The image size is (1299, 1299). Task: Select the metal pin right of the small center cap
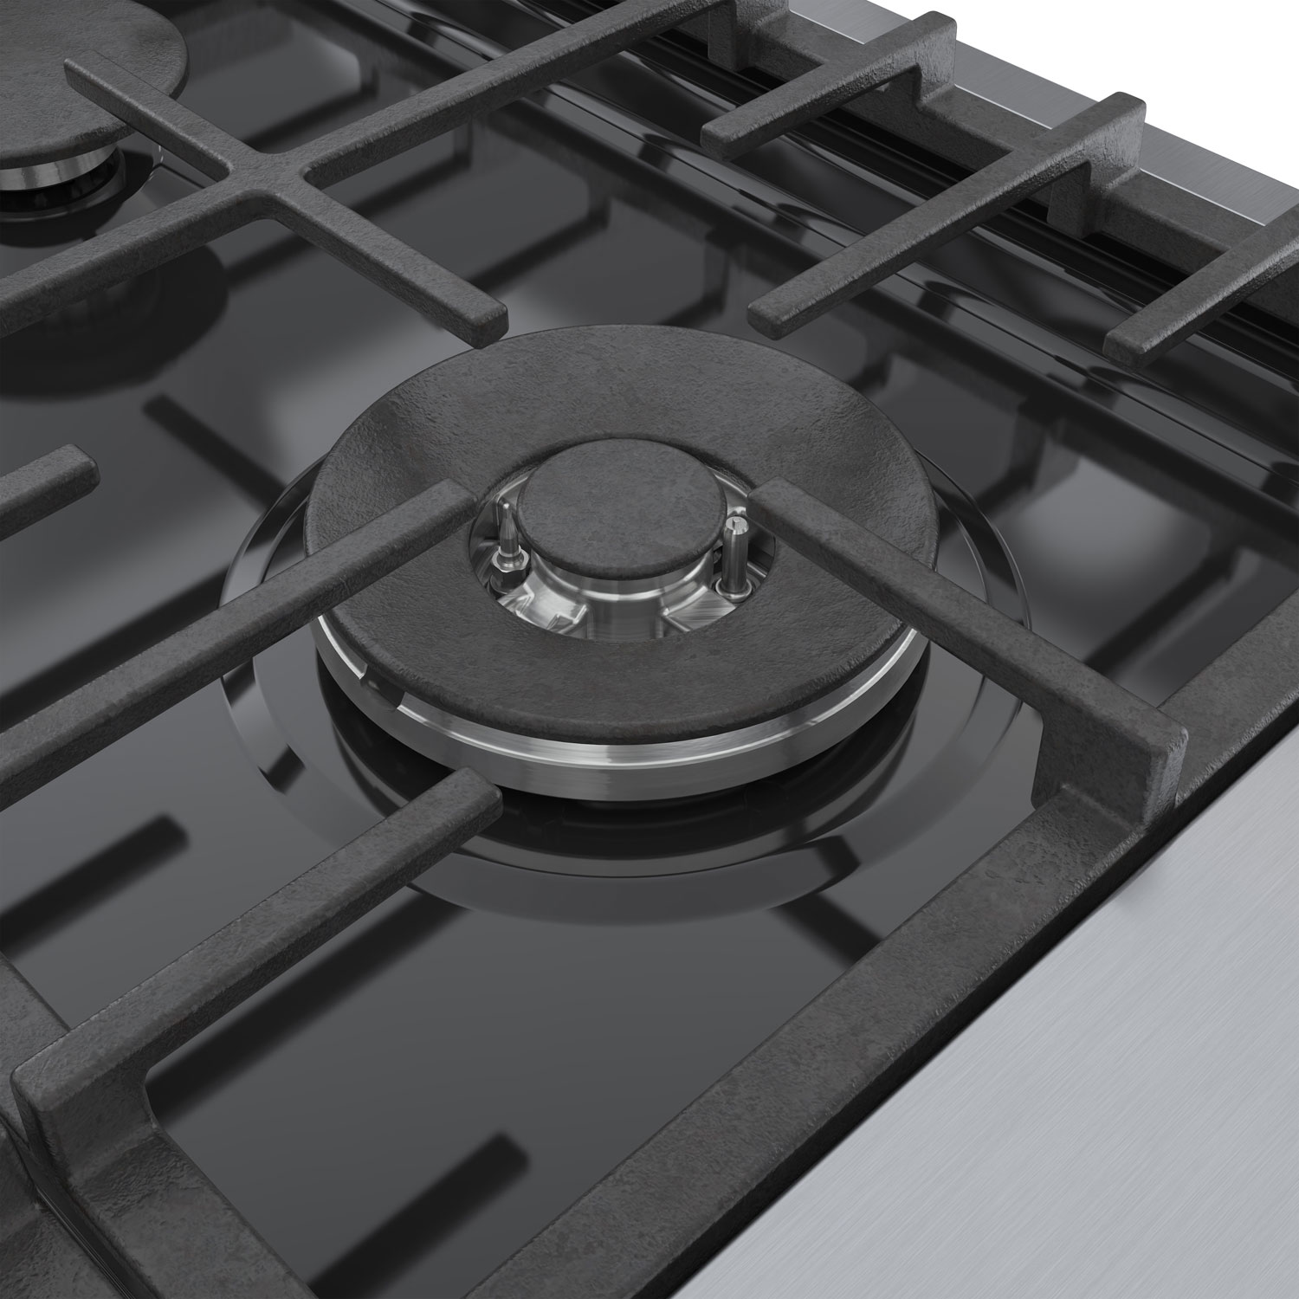point(736,554)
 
